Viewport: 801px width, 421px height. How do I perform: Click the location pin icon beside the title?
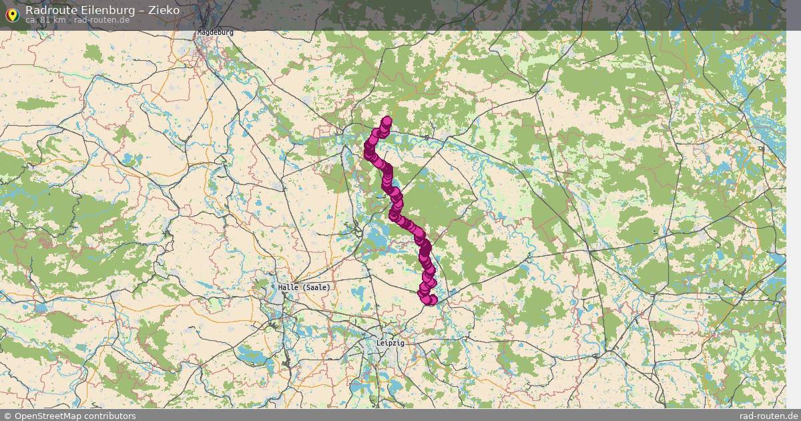tap(11, 15)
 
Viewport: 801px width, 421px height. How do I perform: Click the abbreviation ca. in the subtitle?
tap(32, 19)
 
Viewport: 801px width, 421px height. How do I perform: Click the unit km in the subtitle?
tap(59, 19)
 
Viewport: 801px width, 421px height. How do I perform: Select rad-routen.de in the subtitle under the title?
tap(101, 19)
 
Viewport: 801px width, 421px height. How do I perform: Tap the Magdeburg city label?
tap(216, 32)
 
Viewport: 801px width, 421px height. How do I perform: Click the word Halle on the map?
tap(288, 287)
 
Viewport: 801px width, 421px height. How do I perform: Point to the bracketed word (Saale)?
tap(316, 287)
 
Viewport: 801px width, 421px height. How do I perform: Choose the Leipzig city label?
tap(390, 343)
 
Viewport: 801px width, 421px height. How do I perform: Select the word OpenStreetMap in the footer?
tap(47, 416)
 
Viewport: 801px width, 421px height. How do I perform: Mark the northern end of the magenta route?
tap(386, 122)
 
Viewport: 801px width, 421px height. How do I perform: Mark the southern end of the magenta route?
tap(431, 300)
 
